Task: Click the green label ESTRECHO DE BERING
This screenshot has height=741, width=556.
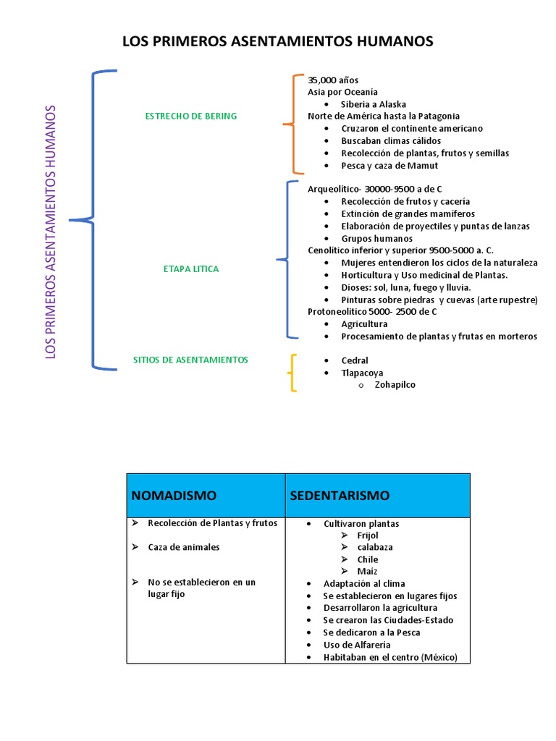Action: (x=191, y=116)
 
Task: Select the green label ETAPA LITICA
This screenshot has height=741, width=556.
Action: (x=191, y=269)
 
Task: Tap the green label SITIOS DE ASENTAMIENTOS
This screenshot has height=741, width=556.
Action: (x=191, y=360)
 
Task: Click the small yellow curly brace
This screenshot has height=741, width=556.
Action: (x=292, y=373)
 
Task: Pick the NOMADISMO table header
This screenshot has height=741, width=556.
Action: (x=174, y=496)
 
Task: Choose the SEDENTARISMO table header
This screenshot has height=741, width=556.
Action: (x=340, y=496)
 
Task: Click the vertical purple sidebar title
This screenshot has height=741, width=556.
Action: (x=51, y=232)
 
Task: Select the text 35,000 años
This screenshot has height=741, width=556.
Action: (x=333, y=80)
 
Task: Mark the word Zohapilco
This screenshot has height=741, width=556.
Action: (x=395, y=385)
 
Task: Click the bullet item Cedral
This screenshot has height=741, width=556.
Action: (x=355, y=360)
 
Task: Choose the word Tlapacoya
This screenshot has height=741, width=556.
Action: (x=363, y=373)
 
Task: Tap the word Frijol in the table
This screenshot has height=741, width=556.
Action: (x=368, y=535)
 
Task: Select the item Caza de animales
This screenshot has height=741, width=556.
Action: (x=183, y=547)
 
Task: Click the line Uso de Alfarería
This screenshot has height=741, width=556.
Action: (x=357, y=645)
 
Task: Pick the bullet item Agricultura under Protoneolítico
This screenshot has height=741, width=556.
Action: (x=365, y=324)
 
